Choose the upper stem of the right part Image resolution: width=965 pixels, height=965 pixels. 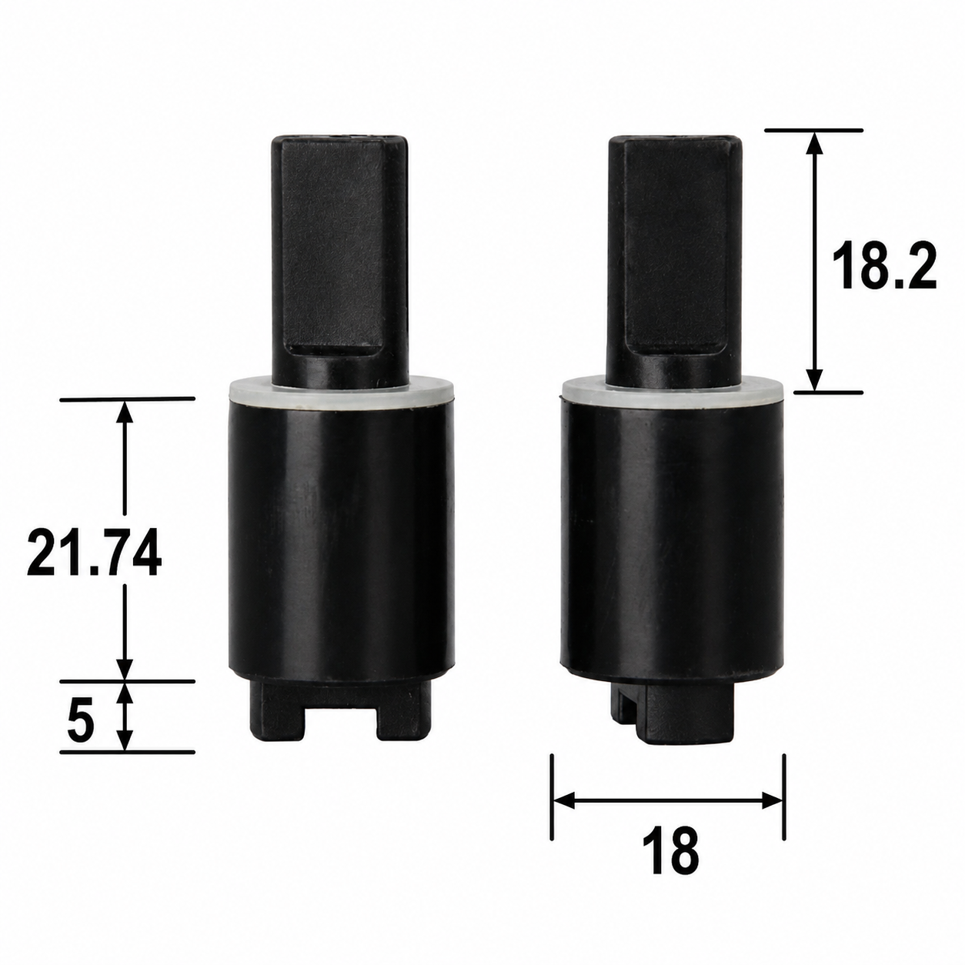674,260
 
